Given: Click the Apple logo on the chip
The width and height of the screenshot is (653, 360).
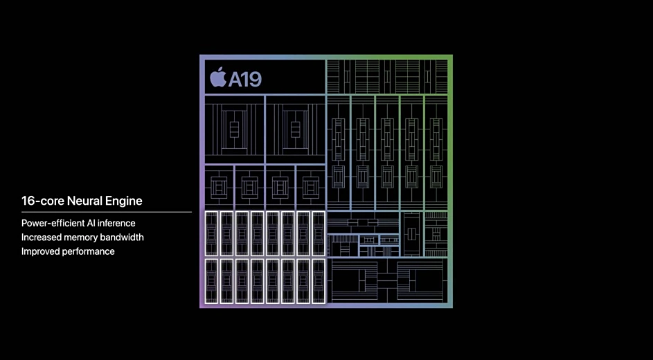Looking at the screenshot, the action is coord(218,77).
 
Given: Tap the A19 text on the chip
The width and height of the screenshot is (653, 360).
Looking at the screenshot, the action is coord(245,79).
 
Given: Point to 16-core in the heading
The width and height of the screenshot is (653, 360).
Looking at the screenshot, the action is coord(43,201).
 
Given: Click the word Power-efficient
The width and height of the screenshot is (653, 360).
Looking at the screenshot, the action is coord(52,223).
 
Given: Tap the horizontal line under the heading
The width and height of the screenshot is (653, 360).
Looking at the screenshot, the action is coord(106,212).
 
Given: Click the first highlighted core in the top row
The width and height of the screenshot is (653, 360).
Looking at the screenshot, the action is coord(212,233).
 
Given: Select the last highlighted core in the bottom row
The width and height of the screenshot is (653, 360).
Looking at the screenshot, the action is coord(319,281).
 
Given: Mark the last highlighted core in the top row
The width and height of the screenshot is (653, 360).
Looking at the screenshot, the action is coord(319,233).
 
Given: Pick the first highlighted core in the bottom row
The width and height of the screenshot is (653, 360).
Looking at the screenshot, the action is coord(212,281).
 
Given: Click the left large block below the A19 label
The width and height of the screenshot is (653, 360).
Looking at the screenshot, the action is coord(235,129).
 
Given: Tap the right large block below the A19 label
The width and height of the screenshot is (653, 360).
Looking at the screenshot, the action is coord(295,129).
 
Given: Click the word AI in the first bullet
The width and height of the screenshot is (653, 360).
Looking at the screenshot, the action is coord(91,223).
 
